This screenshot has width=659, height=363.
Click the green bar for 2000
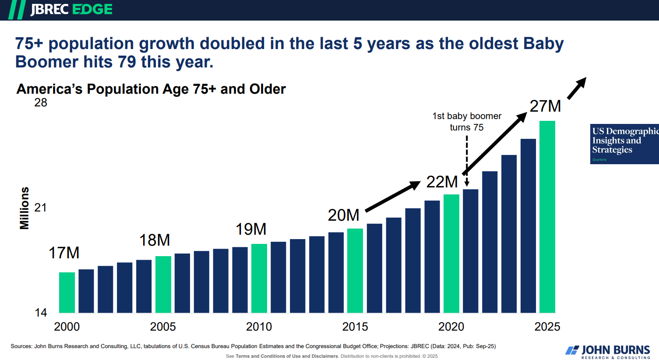[x=67, y=293]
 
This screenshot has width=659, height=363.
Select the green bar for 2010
[x=259, y=278]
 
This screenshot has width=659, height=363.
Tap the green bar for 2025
[x=547, y=217]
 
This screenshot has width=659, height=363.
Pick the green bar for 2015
[x=355, y=271]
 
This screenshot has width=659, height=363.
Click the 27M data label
[x=545, y=106]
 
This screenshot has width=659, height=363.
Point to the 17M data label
[x=64, y=253]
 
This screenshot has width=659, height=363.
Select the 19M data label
[x=251, y=229]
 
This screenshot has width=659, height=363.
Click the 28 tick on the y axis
[x=41, y=103]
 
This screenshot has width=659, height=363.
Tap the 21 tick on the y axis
[x=41, y=208]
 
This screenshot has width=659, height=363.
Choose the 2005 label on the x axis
[x=163, y=327]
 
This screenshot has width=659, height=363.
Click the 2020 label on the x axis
[x=451, y=327]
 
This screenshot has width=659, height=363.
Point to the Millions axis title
[x=25, y=208]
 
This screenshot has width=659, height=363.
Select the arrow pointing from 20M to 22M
[x=392, y=197]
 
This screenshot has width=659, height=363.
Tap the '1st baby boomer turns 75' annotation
[x=467, y=122]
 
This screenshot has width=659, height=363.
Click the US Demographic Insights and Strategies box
[x=624, y=144]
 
